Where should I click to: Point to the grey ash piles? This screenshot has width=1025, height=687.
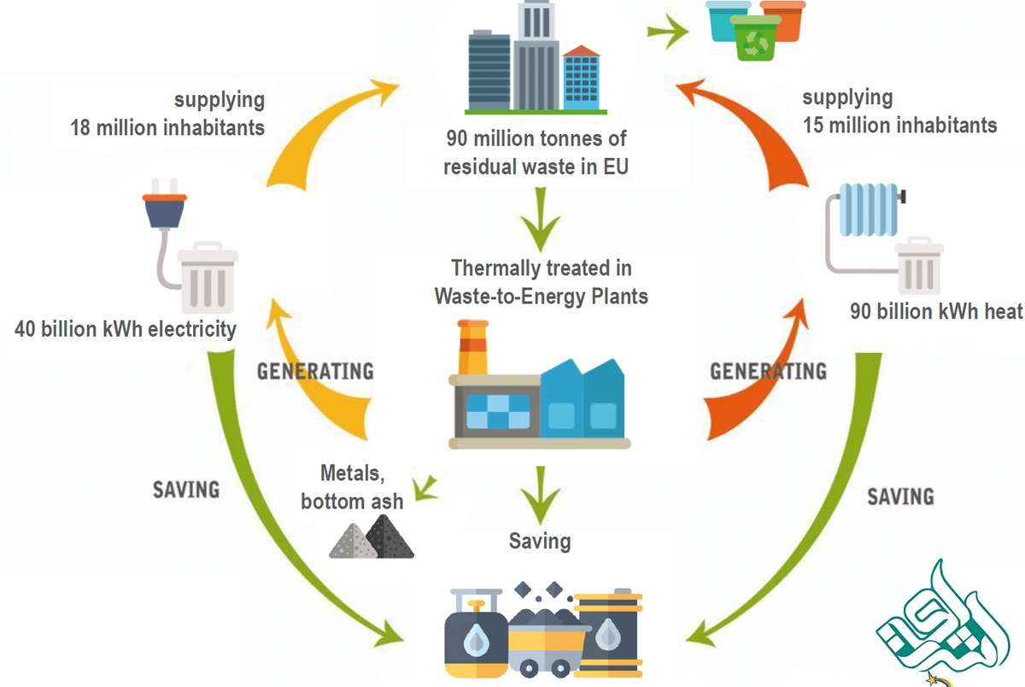[x=372, y=540]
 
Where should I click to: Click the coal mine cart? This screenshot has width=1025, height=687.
[x=546, y=632]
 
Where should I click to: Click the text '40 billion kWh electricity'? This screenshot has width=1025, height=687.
[x=126, y=329]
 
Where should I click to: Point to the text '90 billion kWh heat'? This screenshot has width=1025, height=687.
[x=935, y=311]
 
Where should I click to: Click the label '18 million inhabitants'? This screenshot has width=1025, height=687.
[x=168, y=128]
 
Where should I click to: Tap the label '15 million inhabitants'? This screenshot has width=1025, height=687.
[x=899, y=125]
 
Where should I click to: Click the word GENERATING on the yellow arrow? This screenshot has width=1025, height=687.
[x=315, y=372]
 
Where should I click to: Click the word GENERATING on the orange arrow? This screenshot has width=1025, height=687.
[x=768, y=371]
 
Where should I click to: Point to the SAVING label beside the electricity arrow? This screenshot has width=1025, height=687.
[x=185, y=490]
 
